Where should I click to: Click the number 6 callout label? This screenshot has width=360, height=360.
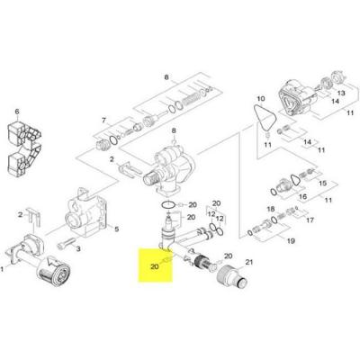click(x=16, y=112)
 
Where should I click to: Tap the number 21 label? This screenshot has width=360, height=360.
click(x=250, y=262)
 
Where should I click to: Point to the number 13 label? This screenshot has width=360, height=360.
click(x=340, y=93)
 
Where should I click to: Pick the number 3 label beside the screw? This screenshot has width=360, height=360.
click(x=78, y=248)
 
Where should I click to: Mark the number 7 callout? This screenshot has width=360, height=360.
click(x=104, y=120)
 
